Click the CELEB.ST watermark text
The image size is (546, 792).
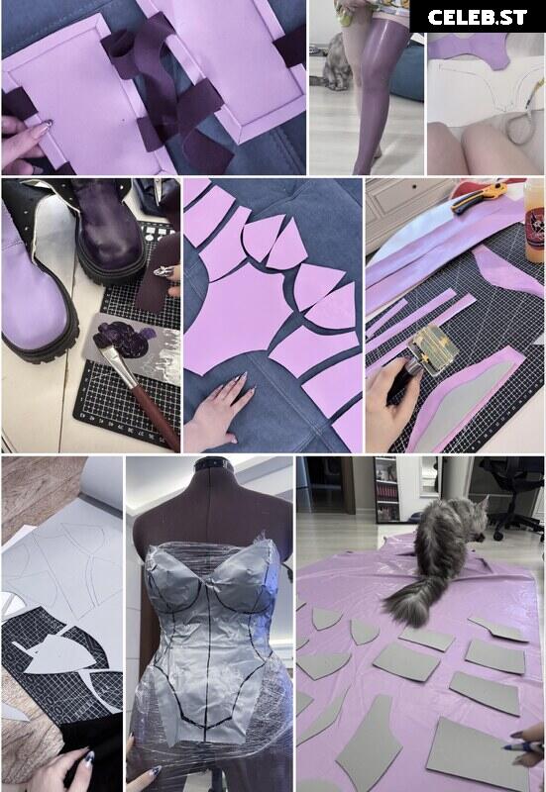478,18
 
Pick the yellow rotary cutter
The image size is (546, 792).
478,197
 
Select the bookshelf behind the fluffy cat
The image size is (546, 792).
386,489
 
